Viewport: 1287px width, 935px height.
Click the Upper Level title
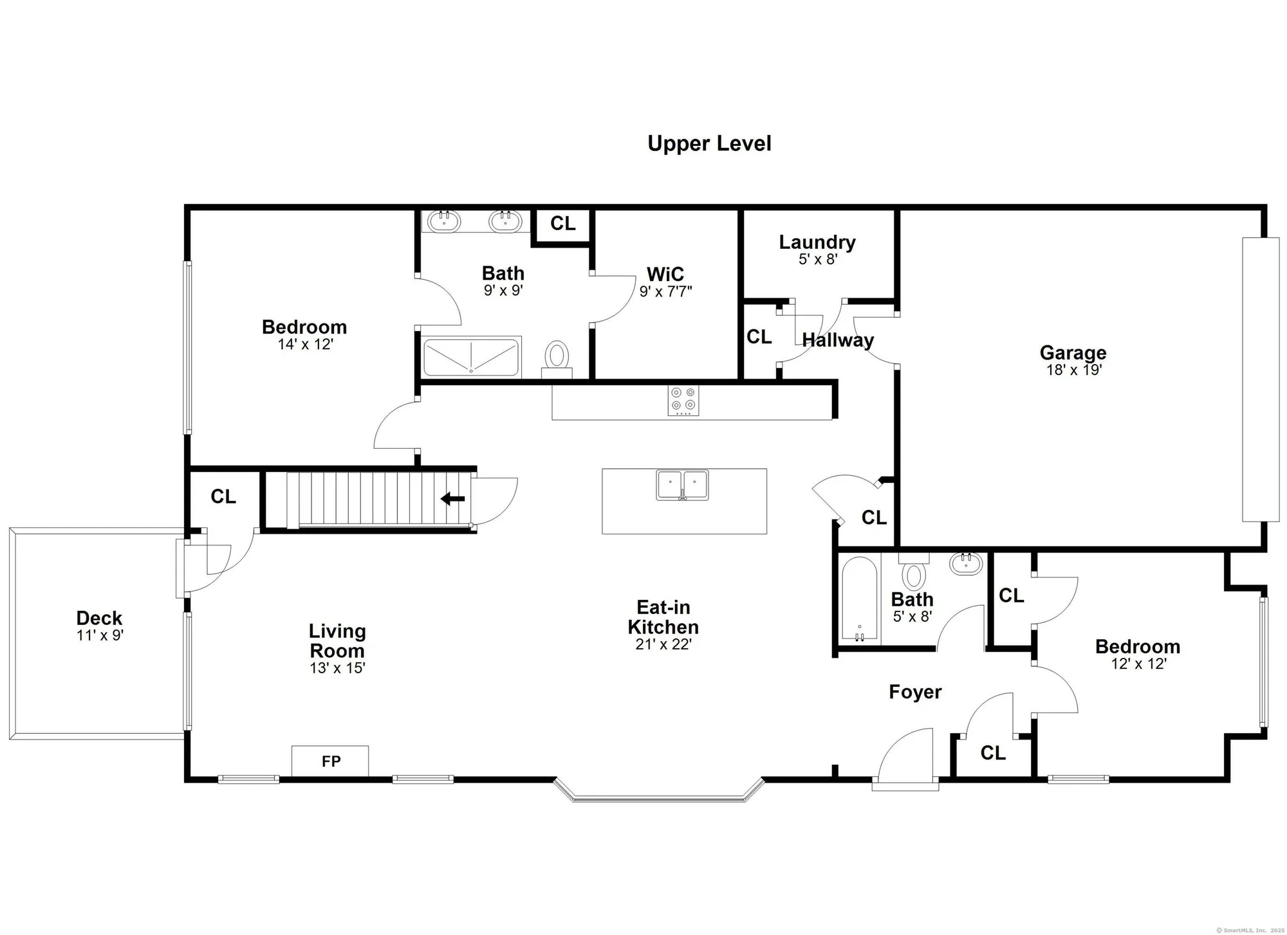pyautogui.click(x=709, y=143)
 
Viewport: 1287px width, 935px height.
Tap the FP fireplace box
pyautogui.click(x=330, y=761)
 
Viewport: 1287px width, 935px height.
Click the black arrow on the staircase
pyautogui.click(x=454, y=498)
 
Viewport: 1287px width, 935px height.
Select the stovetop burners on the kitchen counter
pyautogui.click(x=683, y=400)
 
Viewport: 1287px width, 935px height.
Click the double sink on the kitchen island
pyautogui.click(x=682, y=484)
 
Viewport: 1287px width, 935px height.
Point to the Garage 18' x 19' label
pyautogui.click(x=1073, y=360)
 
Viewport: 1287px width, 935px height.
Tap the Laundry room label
pyautogui.click(x=817, y=249)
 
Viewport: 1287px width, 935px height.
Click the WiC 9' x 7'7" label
pyautogui.click(x=665, y=282)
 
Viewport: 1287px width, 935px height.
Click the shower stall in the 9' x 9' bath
pyautogui.click(x=471, y=357)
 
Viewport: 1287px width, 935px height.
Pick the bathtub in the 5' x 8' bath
pyautogui.click(x=860, y=598)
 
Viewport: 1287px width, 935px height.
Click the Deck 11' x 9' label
pyautogui.click(x=99, y=625)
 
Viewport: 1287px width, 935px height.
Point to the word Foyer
pyautogui.click(x=915, y=692)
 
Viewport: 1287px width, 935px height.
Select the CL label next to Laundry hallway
pyautogui.click(x=759, y=336)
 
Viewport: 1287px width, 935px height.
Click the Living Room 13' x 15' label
pyautogui.click(x=337, y=648)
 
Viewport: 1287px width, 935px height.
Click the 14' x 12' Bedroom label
pyautogui.click(x=304, y=334)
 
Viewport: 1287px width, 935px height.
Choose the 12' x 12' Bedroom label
pyautogui.click(x=1138, y=654)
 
